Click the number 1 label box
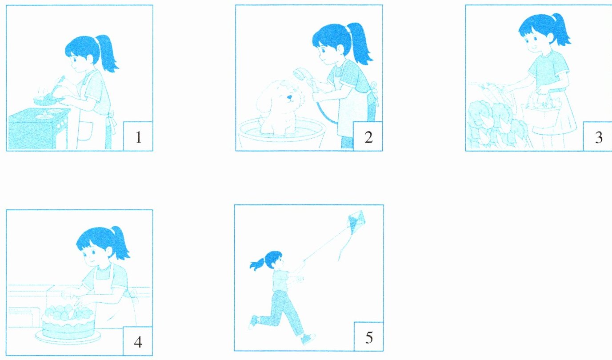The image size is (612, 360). tap(138, 136)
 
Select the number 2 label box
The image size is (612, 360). tap(368, 136)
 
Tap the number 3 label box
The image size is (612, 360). tap(597, 136)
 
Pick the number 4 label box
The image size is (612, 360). tap(138, 341)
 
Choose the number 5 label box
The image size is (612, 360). tap(368, 336)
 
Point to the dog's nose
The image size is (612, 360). tap(289, 97)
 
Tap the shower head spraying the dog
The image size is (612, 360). tap(300, 74)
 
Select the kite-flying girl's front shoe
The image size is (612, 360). tap(308, 339)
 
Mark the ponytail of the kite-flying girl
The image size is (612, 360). tap(257, 264)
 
